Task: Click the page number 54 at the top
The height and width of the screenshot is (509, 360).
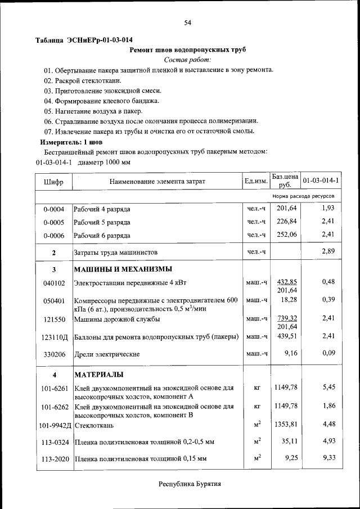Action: pyautogui.click(x=188, y=22)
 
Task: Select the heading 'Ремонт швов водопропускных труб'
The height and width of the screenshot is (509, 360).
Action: pyautogui.click(x=188, y=49)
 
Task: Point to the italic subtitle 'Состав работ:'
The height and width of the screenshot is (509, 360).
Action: pyautogui.click(x=188, y=60)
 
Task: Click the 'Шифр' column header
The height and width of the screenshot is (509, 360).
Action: pyautogui.click(x=53, y=182)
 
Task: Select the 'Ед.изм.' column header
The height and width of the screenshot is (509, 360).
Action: pyautogui.click(x=256, y=181)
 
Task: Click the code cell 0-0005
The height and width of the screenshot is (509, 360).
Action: pyautogui.click(x=53, y=222)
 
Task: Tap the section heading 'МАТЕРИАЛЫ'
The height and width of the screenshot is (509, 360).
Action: pyautogui.click(x=99, y=375)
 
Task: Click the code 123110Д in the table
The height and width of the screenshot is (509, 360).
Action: pyautogui.click(x=55, y=337)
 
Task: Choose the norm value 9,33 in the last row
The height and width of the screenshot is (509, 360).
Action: pyautogui.click(x=329, y=459)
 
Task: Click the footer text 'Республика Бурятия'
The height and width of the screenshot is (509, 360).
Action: pyautogui.click(x=190, y=484)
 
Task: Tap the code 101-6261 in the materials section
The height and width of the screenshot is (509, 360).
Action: pyautogui.click(x=54, y=389)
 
